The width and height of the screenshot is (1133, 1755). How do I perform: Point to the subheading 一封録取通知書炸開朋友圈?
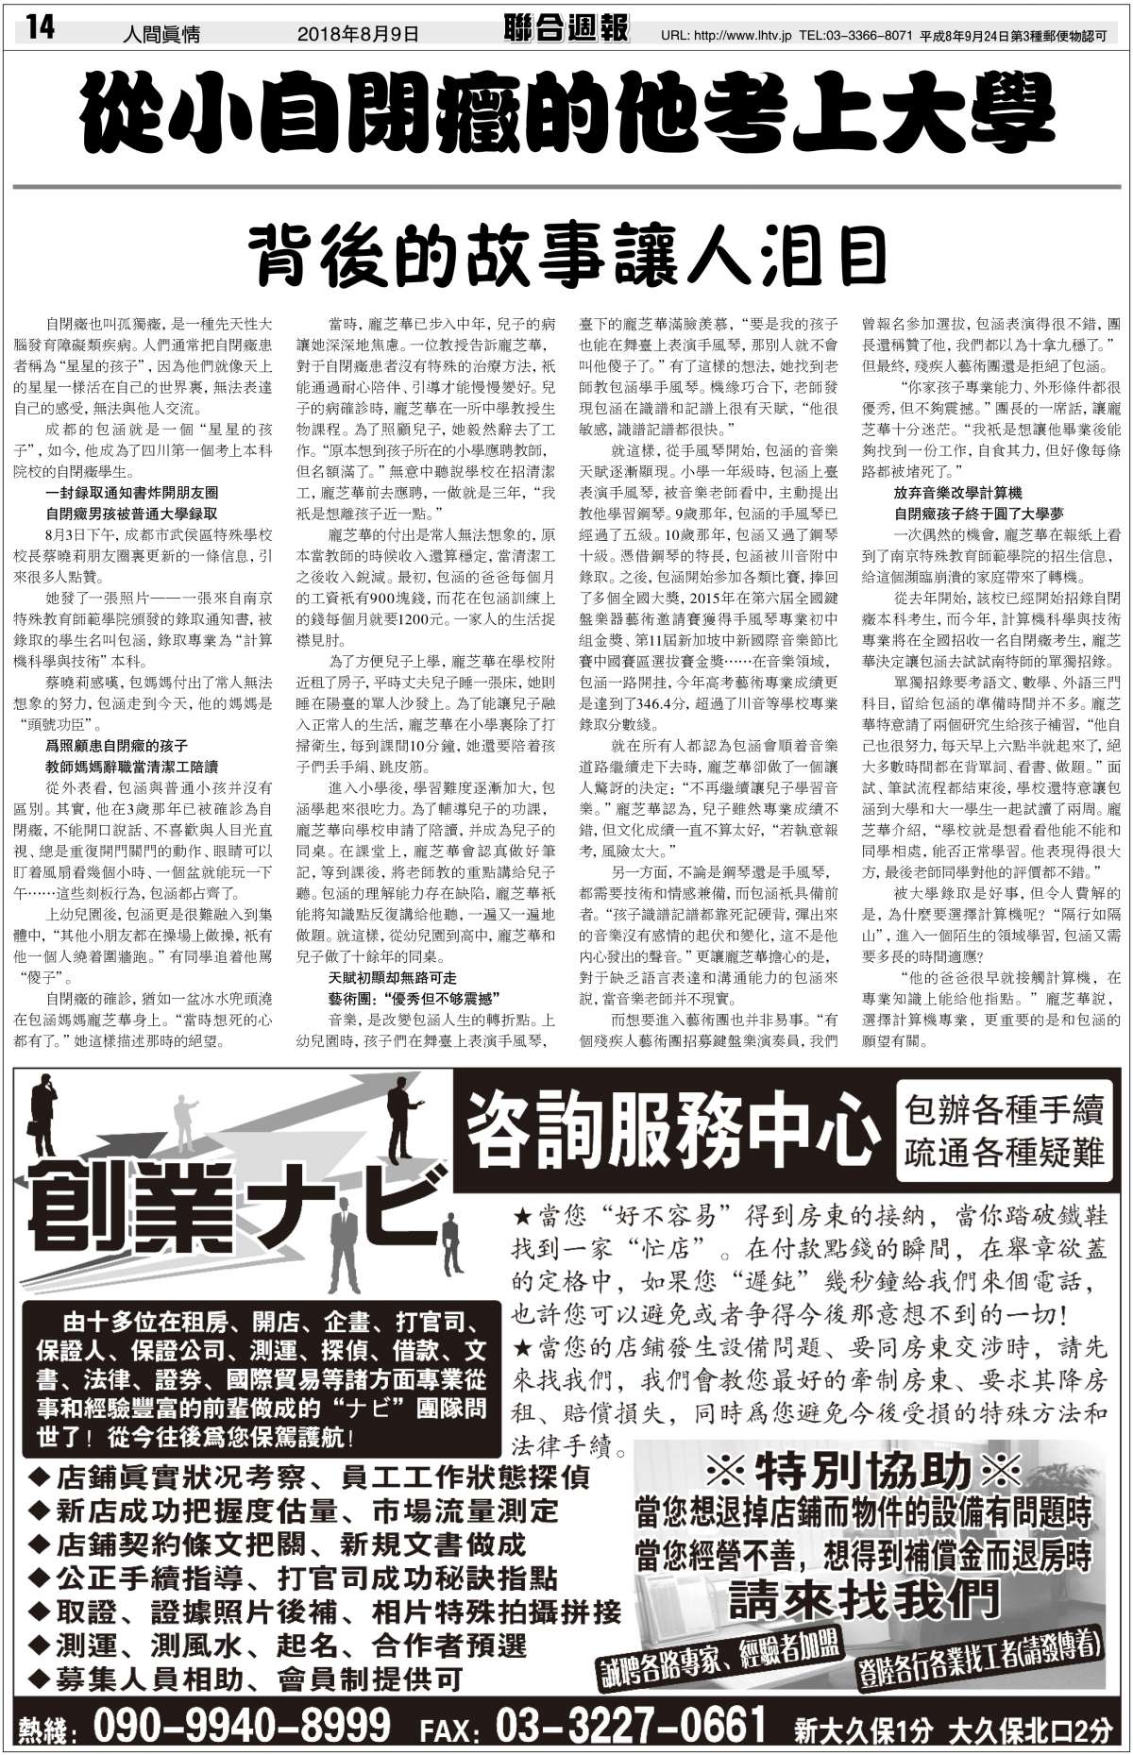pos(131,493)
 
